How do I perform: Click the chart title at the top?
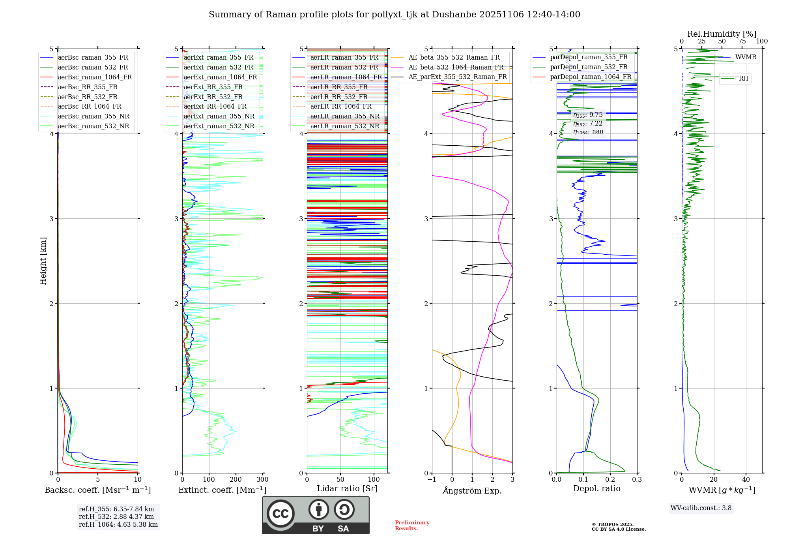tap(394, 15)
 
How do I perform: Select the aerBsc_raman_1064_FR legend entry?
tap(95, 77)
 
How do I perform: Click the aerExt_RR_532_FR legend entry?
tap(213, 97)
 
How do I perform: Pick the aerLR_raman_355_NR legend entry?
tap(344, 116)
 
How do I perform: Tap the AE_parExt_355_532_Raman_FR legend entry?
tap(458, 77)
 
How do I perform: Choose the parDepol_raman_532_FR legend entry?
tap(589, 67)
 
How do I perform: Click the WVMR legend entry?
tap(746, 57)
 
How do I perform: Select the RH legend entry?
tap(743, 79)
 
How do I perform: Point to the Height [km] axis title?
tap(43, 261)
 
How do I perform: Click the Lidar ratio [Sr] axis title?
tap(347, 489)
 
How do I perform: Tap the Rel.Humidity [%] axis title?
tap(722, 34)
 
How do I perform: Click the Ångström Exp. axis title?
tap(472, 491)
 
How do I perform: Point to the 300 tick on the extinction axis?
tap(263, 480)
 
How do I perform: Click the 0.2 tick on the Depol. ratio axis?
tap(610, 480)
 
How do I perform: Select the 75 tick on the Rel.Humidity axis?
tap(742, 41)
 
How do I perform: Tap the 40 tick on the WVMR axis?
tap(746, 480)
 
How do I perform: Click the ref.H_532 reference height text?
tap(116, 517)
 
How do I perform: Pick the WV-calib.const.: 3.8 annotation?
tap(701, 508)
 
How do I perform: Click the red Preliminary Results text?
tap(412, 526)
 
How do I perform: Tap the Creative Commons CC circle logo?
tap(280, 514)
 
